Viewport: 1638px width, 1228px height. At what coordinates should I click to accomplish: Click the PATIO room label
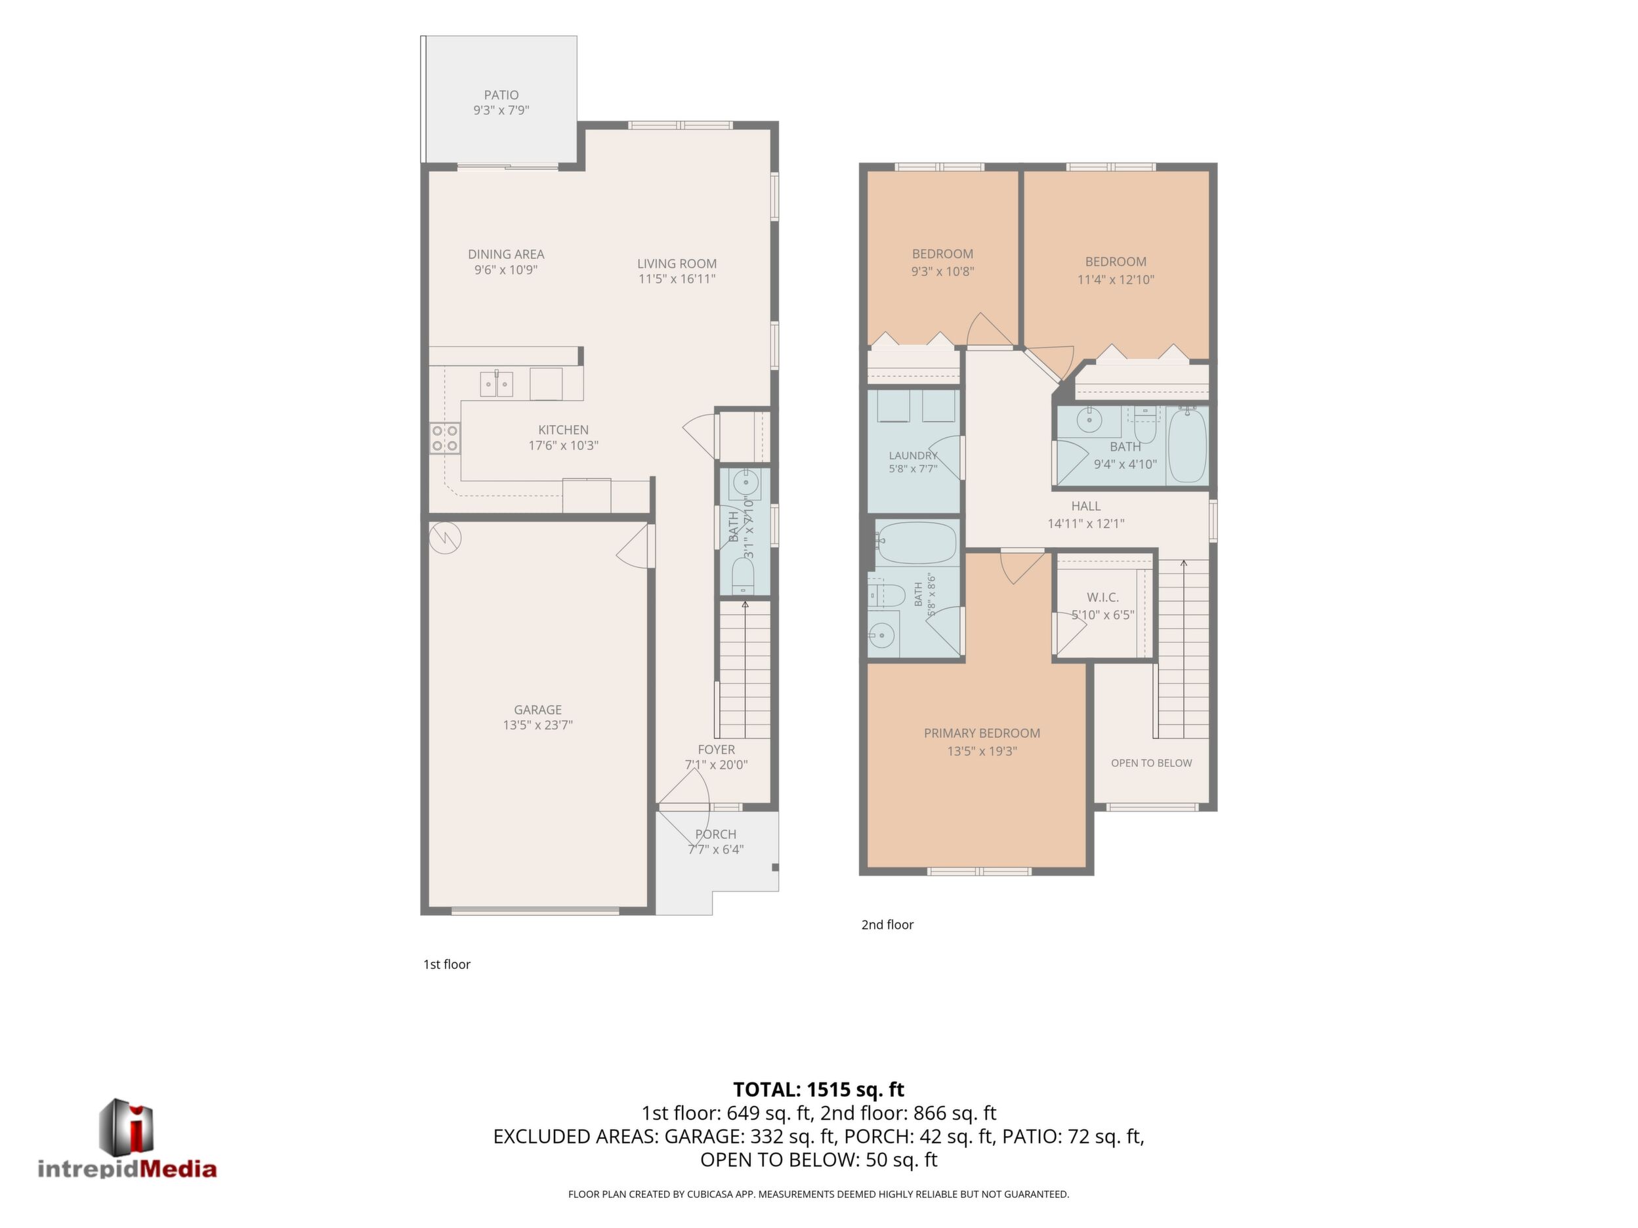click(x=501, y=94)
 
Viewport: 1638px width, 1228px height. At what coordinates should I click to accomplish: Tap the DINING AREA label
click(x=506, y=254)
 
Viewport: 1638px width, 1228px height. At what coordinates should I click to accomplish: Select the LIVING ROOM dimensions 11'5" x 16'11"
click(x=677, y=279)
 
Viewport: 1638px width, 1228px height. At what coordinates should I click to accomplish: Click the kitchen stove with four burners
click(x=445, y=438)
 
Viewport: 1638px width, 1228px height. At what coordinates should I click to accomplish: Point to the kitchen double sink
click(x=497, y=384)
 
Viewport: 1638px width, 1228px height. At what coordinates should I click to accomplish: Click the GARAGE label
click(x=537, y=709)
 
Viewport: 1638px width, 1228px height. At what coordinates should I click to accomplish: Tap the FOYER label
click(x=716, y=749)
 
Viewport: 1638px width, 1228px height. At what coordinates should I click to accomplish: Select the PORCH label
click(x=715, y=834)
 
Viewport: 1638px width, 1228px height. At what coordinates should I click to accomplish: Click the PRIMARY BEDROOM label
click(x=982, y=733)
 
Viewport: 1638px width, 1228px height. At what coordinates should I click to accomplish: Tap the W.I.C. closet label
click(x=1102, y=598)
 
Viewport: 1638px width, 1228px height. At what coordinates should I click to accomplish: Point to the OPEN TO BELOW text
click(x=1152, y=763)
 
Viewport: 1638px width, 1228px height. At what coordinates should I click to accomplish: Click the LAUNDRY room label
click(x=913, y=455)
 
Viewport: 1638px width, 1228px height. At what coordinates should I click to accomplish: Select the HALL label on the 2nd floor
click(x=1085, y=506)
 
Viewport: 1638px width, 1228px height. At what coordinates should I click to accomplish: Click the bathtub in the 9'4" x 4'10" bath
click(x=1187, y=445)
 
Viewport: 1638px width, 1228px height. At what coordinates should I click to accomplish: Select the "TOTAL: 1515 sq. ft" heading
click(x=818, y=1090)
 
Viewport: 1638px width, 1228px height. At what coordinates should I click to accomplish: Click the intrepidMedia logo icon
click(x=127, y=1126)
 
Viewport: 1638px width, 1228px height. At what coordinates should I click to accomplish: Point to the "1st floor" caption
click(x=446, y=964)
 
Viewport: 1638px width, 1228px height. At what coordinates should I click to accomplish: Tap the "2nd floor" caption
click(x=887, y=924)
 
